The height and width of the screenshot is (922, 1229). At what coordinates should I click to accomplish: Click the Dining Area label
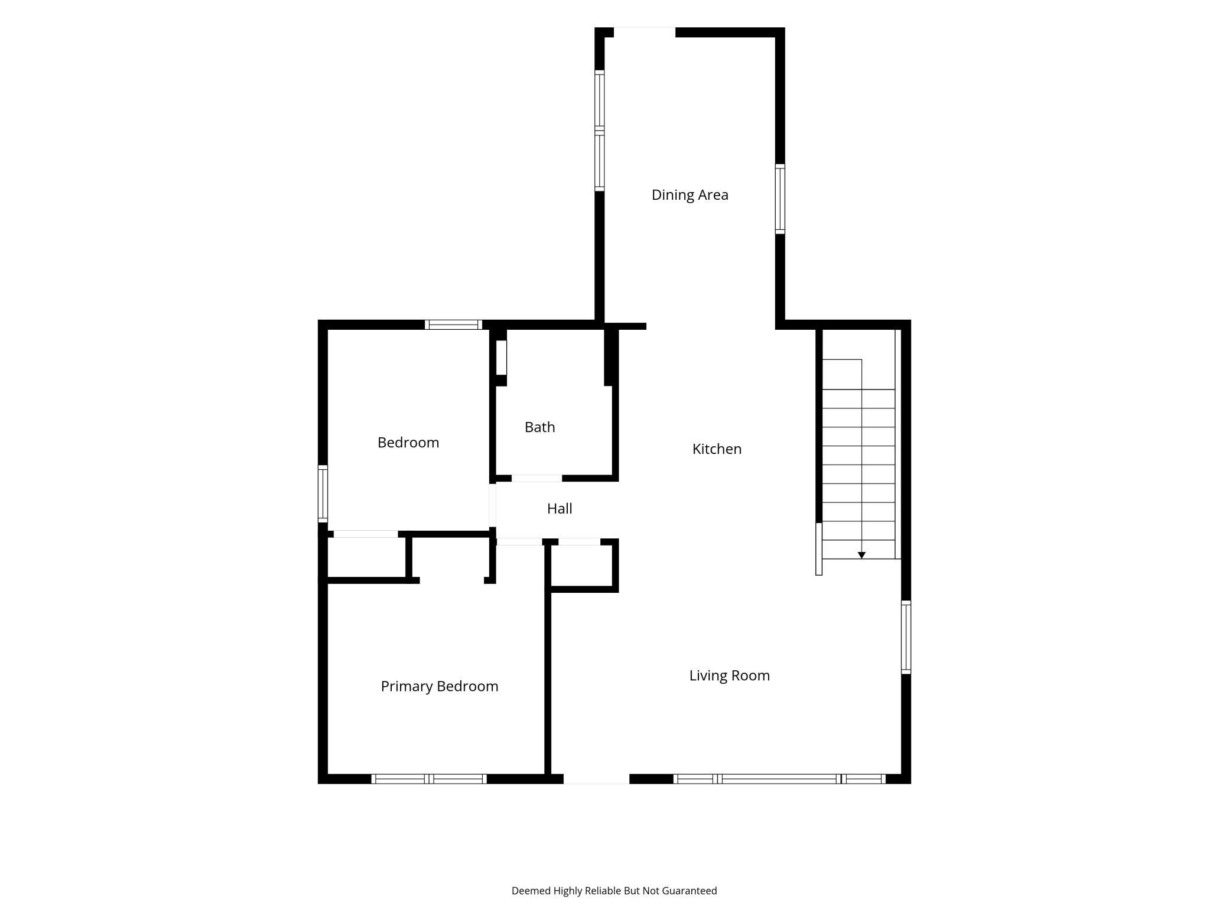[690, 195]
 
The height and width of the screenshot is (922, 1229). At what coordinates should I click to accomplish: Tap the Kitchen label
[717, 449]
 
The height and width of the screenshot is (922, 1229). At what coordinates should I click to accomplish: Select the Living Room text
[729, 676]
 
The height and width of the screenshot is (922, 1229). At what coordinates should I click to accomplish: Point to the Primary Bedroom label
[440, 686]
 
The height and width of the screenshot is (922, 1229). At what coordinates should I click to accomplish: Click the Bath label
[539, 427]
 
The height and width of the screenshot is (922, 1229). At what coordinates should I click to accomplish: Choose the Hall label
[560, 508]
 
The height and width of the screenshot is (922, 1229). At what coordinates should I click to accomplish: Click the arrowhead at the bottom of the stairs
[861, 555]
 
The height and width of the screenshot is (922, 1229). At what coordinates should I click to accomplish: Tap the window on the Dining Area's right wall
[780, 199]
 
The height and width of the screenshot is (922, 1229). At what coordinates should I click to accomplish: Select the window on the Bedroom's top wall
[453, 324]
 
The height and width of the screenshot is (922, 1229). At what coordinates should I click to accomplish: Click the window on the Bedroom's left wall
[323, 494]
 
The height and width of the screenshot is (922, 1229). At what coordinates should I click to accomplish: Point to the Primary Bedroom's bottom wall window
[429, 779]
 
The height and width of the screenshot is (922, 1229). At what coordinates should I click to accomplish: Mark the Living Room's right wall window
[906, 637]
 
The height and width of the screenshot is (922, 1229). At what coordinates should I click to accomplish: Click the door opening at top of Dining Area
[645, 32]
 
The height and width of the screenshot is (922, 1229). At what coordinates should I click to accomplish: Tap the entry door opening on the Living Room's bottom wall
[596, 779]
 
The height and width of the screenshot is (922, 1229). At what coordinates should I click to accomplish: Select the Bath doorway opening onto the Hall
[537, 478]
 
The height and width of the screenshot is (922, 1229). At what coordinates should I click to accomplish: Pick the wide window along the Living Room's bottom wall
[779, 779]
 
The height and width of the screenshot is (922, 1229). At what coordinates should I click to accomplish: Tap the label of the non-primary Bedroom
[408, 443]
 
